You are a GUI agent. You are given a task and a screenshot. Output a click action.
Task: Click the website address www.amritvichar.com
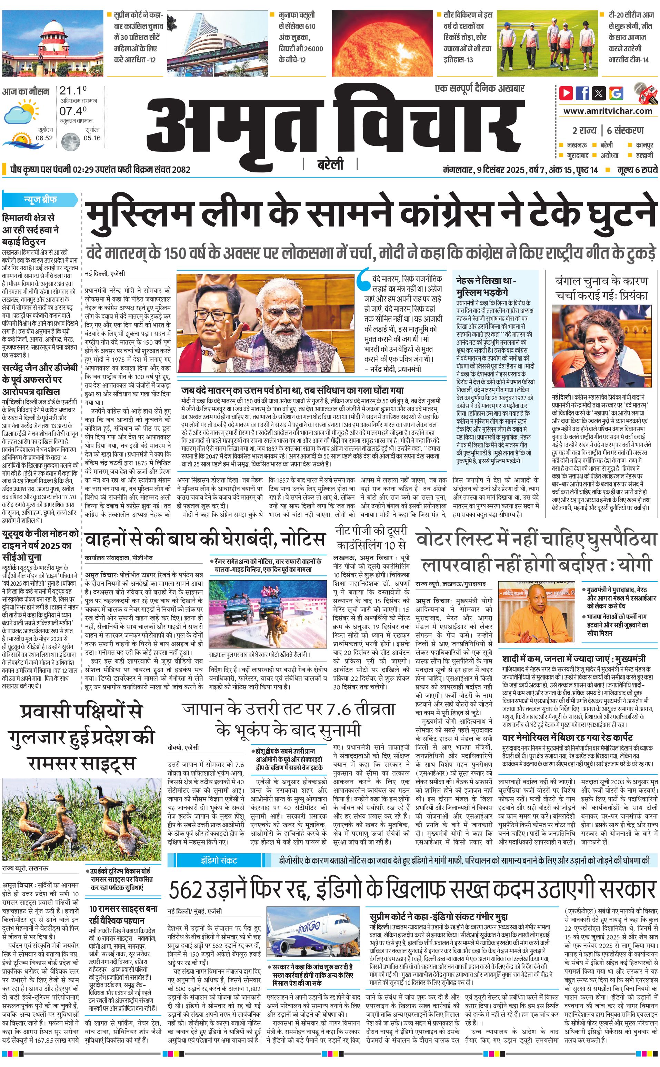click(x=608, y=111)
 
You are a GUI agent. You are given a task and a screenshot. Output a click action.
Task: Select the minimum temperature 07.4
click(x=72, y=111)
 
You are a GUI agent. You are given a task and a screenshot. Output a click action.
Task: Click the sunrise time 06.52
click(x=44, y=138)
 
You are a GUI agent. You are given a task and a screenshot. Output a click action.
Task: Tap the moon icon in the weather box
click(x=70, y=141)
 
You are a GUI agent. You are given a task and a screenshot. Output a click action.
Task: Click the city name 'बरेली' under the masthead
click(x=330, y=164)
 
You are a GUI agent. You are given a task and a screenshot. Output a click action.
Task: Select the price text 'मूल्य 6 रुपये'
click(x=637, y=169)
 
